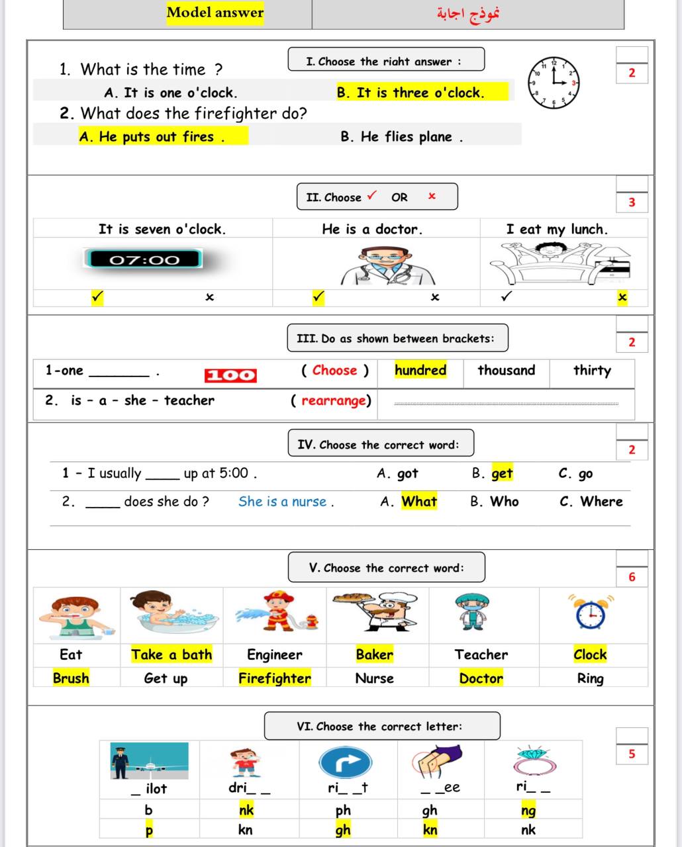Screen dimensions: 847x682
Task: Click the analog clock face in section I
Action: click(554, 83)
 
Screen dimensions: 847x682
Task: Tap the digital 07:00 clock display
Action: click(144, 259)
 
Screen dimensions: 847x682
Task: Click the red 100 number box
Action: click(230, 375)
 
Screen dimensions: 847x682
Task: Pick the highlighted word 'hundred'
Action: click(420, 370)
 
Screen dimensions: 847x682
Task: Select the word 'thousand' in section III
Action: click(507, 370)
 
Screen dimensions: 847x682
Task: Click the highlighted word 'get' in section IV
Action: click(502, 474)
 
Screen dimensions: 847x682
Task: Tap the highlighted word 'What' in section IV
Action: click(418, 502)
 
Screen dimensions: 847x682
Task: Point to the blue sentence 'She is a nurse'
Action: click(285, 502)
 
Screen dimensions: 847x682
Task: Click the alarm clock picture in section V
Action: click(590, 613)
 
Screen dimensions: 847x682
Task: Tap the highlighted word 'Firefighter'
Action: click(274, 678)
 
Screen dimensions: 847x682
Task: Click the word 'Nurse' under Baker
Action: click(374, 678)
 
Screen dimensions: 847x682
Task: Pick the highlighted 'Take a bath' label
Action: click(171, 654)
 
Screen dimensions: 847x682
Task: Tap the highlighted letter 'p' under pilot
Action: click(148, 830)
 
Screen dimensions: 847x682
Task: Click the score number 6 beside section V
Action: click(632, 577)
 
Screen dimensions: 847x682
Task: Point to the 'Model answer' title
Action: click(215, 13)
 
